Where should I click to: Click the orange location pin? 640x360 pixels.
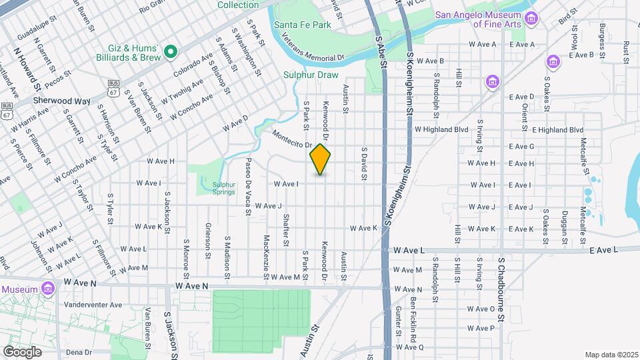[321, 159]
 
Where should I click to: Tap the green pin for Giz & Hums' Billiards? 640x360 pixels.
[171, 51]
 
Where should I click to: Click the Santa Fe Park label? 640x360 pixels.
[302, 25]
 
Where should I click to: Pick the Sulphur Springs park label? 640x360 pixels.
[224, 188]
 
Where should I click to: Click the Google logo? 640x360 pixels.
[22, 351]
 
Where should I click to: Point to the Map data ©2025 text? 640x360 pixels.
[611, 354]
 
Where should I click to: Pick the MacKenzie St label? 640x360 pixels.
[266, 257]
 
